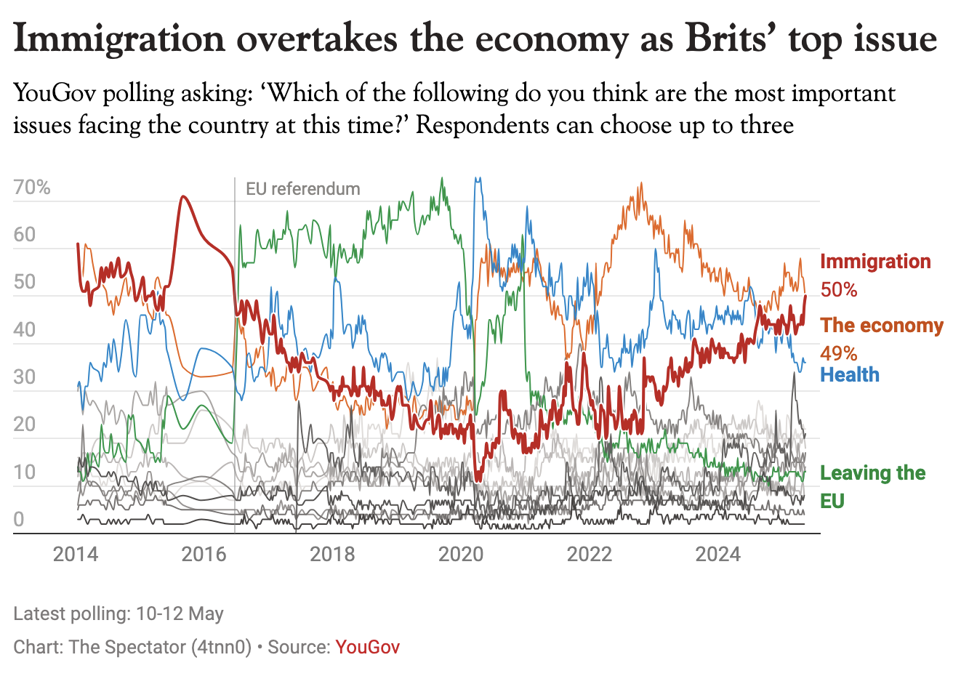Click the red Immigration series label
[x=875, y=262]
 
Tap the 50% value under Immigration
[x=839, y=290]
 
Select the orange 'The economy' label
[x=882, y=326]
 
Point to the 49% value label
[x=839, y=353]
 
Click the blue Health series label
[x=850, y=375]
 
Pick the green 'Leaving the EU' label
[x=872, y=486]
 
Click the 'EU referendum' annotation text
[x=303, y=189]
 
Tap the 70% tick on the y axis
[x=32, y=188]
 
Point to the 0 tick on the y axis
[x=19, y=519]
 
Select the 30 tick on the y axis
[x=24, y=377]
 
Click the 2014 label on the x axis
[x=76, y=555]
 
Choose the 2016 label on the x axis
[x=204, y=555]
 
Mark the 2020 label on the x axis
[x=461, y=555]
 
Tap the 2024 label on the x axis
[x=717, y=555]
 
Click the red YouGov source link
[x=367, y=647]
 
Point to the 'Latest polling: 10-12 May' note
[x=118, y=613]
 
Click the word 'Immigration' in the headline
[x=119, y=39]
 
